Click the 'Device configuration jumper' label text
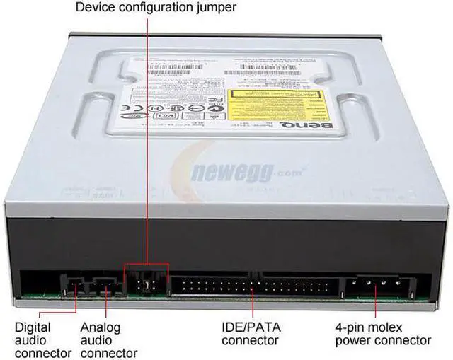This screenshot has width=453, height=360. click(x=155, y=8)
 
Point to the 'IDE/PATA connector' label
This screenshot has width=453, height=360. click(x=251, y=334)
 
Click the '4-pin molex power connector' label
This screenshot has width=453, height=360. click(x=382, y=334)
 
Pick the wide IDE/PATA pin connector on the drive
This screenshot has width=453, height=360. click(x=251, y=287)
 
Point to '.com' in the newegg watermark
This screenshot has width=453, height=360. click(x=289, y=170)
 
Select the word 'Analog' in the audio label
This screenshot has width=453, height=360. click(x=100, y=327)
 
